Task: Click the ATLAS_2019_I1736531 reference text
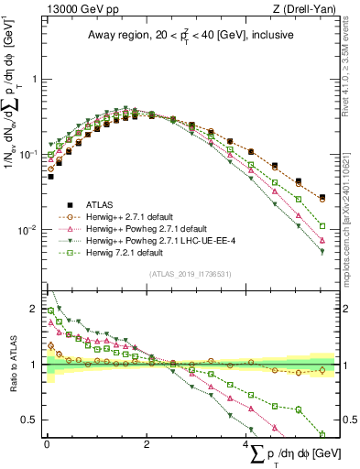tap(190, 274)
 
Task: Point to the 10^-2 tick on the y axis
tap(30, 229)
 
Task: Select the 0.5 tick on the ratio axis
tap(31, 420)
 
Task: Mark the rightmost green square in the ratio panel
tap(322, 434)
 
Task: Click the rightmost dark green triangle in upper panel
tap(322, 252)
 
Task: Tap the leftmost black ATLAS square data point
tap(51, 176)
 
